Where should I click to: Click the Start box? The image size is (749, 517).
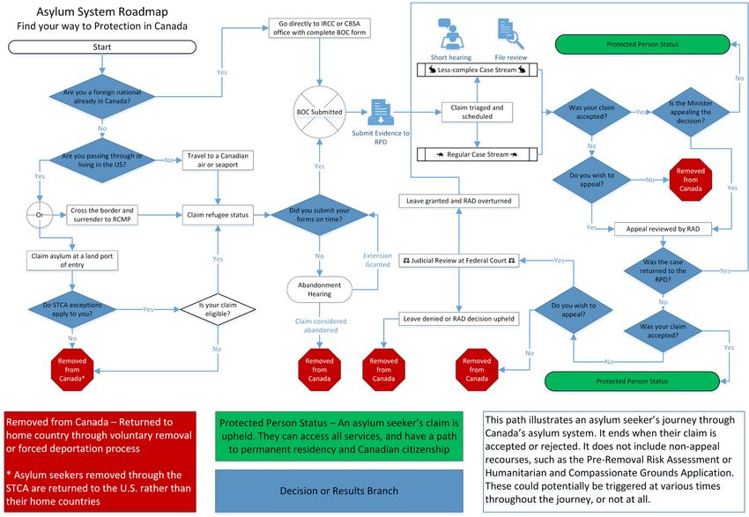102,47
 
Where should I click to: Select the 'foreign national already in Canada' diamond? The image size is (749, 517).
102,96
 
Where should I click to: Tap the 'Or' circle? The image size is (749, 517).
40,213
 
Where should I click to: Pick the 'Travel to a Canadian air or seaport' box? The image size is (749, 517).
218,161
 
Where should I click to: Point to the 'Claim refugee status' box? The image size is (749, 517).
218,213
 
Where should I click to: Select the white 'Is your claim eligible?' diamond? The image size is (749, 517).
218,309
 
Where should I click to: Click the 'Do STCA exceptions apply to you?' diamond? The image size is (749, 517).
73,309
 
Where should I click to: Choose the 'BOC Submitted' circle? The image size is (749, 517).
319,112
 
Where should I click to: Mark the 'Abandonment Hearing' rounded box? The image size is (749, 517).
319,288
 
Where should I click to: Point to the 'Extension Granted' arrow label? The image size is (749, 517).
378,261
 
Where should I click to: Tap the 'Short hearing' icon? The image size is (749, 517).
451,34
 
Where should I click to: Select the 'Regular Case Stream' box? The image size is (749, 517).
476,155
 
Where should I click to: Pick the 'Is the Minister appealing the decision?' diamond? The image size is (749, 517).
692,112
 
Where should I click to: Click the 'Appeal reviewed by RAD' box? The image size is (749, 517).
662,229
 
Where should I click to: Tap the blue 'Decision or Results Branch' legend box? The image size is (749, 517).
338,491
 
